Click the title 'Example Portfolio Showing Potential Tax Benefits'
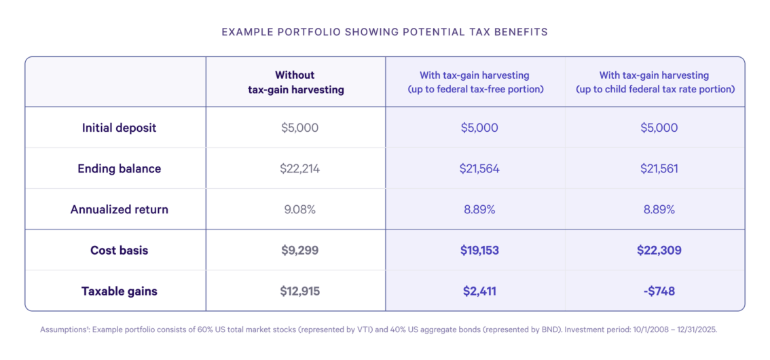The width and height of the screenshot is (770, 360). pos(384,33)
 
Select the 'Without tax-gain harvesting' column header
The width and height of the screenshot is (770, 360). pos(295,82)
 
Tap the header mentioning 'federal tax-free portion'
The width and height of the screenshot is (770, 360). pos(475,82)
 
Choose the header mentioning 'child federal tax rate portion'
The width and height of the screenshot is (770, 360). pos(655,82)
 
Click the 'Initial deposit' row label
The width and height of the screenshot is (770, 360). pos(120,128)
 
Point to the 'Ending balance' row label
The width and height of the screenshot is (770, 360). pos(120,168)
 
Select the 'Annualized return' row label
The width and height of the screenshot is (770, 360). pos(120,209)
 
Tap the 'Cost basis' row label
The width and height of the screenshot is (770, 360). pos(120,250)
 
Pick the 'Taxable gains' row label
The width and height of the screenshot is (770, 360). pos(120,291)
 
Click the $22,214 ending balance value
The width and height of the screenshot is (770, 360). pos(299,169)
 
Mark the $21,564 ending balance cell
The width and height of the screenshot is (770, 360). pos(479,169)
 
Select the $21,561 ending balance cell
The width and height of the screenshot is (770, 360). pos(659,169)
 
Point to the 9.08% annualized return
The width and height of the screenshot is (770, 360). pos(299,210)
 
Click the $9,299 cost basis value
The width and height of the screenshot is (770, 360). pos(299,251)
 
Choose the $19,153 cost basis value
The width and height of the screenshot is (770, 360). pos(479,251)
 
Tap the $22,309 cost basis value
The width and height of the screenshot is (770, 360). pos(659,251)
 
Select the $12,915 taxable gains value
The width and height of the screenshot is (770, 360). pos(299,291)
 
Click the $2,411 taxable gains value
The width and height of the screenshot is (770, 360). pos(479,291)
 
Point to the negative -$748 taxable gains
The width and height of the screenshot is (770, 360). pos(659,291)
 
